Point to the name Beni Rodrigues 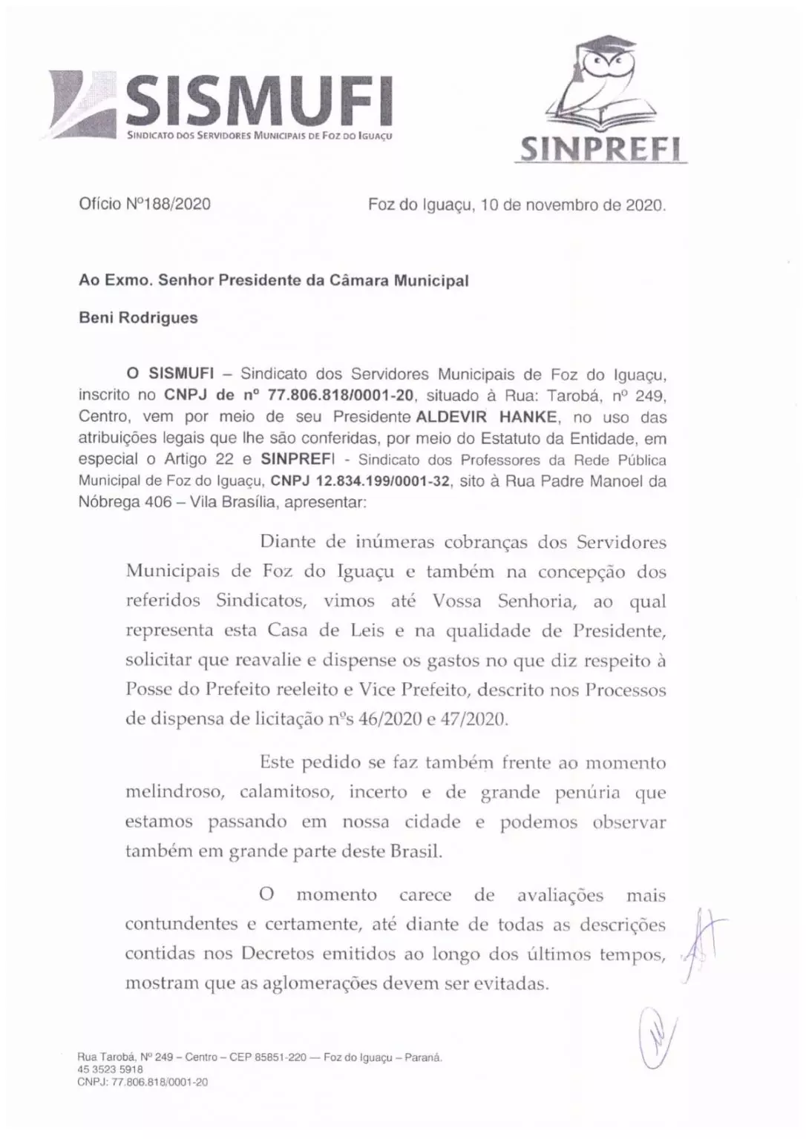click(139, 317)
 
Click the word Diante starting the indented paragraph click(287, 542)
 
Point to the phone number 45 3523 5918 click(111, 1070)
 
